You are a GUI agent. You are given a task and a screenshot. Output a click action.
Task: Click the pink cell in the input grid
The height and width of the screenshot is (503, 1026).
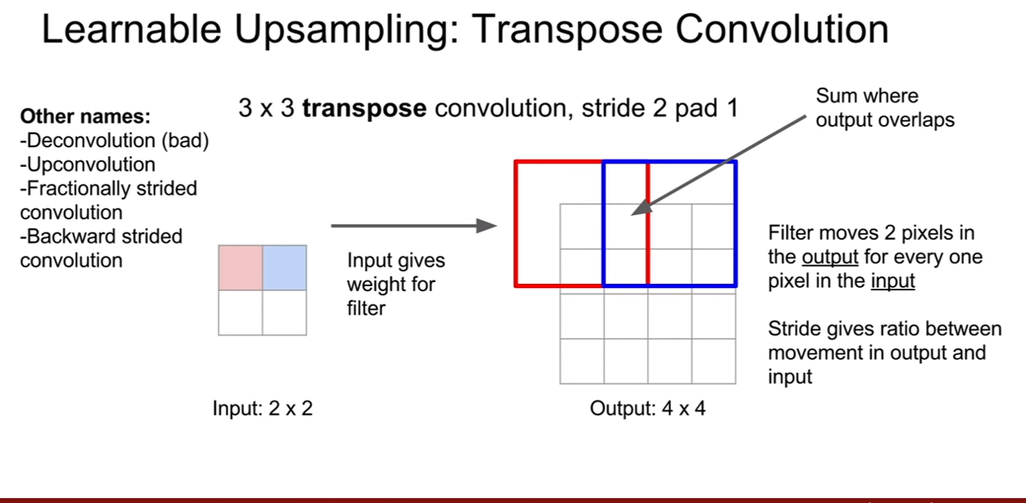[x=241, y=268]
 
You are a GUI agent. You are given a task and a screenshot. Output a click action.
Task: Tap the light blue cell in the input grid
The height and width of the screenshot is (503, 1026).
[x=285, y=268]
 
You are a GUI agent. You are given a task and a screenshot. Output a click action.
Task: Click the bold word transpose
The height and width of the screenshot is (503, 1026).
[x=364, y=108]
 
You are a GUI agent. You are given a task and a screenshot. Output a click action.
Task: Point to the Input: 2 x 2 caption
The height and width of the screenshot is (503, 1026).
[x=262, y=408]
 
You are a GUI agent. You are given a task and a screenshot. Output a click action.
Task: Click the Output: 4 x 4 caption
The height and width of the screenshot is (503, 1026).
[x=647, y=408]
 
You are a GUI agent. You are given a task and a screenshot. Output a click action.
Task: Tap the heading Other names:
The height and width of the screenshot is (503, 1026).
[x=85, y=117]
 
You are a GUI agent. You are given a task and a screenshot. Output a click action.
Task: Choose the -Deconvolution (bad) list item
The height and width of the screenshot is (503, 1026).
[x=114, y=141]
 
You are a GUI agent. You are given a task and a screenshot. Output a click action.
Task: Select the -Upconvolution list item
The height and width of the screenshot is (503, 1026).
[x=88, y=165]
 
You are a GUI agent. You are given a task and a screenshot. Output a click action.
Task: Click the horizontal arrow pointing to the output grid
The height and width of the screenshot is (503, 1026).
[x=414, y=225]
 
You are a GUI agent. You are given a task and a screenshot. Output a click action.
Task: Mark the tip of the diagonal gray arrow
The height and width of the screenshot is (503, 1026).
[x=631, y=214]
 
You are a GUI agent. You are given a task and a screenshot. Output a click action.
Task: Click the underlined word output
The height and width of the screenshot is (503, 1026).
[x=830, y=257]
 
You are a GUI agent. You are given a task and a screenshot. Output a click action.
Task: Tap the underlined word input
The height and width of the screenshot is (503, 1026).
[x=893, y=280]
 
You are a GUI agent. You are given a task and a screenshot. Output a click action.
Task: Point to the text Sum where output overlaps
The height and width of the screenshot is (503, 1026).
[x=885, y=108]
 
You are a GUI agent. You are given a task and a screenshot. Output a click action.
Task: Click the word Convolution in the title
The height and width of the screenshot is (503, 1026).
[x=782, y=29]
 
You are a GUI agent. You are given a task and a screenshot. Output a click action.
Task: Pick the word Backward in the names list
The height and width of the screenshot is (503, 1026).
[x=70, y=237]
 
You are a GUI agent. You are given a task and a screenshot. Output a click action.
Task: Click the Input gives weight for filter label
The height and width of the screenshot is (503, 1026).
[x=396, y=284]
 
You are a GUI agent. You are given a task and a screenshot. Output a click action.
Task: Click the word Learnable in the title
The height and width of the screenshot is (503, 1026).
[x=132, y=29]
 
